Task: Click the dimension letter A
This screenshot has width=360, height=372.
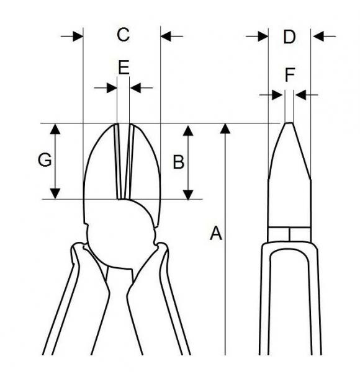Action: point(216,233)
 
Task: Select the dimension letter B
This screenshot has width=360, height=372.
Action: point(179,162)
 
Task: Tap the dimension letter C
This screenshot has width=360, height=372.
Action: point(124,35)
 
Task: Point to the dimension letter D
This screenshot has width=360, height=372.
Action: point(289,37)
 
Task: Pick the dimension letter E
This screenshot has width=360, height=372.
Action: point(124,68)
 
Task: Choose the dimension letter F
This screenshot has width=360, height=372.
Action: point(290,75)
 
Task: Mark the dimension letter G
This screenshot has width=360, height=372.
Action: point(45,160)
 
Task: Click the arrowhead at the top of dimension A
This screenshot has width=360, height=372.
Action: point(225,128)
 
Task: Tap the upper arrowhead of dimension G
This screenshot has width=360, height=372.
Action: point(55,129)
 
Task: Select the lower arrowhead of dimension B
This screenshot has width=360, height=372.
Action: point(188,195)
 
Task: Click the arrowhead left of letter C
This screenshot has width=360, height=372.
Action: point(78,37)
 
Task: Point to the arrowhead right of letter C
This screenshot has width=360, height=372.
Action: point(166,37)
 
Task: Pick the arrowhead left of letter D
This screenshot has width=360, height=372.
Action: point(263,37)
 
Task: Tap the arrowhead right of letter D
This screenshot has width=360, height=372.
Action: point(318,37)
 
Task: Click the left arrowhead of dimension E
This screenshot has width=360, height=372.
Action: point(112,88)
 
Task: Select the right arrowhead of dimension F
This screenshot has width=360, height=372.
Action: point(300,95)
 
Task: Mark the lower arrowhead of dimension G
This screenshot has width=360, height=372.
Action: point(55,193)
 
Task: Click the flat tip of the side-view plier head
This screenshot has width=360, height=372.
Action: point(289,123)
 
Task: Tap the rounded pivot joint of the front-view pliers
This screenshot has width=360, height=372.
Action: point(120,237)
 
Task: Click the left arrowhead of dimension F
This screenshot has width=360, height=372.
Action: point(277,95)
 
